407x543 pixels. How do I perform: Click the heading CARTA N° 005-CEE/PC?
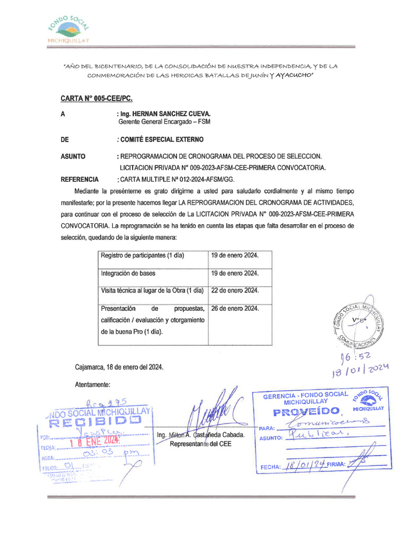coord(96,99)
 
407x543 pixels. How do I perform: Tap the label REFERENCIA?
coord(80,180)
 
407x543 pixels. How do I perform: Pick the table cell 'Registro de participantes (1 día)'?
coord(142,255)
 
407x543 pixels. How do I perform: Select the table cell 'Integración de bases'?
coord(128,273)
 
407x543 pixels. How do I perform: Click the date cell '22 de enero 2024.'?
coord(235,291)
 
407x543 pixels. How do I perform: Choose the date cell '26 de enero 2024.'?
coord(235,309)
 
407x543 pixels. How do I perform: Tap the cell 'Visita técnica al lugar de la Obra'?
coord(152,291)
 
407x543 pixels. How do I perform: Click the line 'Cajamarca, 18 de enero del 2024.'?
coord(119,367)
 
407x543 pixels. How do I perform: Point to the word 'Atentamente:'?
coord(93,384)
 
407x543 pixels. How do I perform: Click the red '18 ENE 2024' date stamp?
coord(96,440)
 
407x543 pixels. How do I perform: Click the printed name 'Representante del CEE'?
coord(201,444)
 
